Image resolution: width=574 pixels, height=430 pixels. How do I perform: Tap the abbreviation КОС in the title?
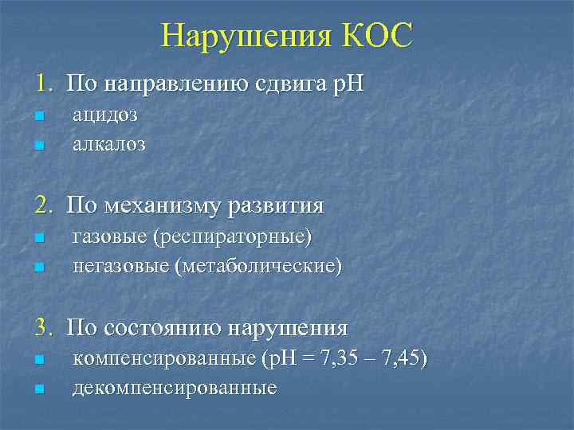377,36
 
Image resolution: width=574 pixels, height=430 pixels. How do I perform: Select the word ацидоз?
105,115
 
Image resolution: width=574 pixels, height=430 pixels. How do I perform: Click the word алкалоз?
109,144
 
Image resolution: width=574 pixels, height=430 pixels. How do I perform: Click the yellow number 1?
41,83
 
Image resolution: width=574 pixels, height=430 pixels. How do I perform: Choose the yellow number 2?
41,206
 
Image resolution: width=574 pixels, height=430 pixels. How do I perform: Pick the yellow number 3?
41,328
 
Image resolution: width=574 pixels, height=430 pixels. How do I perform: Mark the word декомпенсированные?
175,389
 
